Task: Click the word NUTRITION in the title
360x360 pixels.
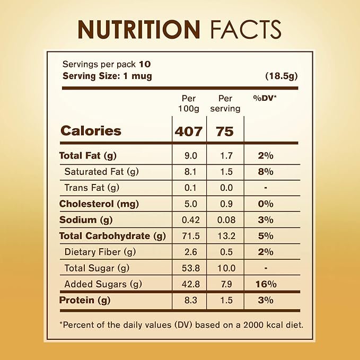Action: click(139, 29)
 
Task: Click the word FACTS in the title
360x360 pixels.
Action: click(246, 29)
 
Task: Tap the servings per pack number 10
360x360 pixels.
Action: click(145, 64)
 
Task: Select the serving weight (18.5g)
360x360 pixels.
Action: click(282, 76)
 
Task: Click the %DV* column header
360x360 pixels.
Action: click(265, 98)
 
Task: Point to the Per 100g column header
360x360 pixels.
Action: click(189, 103)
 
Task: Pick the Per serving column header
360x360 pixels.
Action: click(225, 103)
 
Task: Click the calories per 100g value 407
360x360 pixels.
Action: click(189, 131)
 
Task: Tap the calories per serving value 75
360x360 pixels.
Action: click(225, 131)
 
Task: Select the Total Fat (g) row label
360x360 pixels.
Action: click(87, 156)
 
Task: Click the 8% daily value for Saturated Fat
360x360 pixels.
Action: click(266, 172)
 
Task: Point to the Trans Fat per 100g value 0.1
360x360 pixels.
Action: click(190, 188)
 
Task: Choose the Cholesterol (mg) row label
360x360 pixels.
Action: click(99, 204)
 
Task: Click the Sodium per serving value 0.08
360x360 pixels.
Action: click(226, 220)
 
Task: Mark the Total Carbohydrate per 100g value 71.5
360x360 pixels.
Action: click(191, 236)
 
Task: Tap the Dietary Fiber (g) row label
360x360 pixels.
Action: click(100, 252)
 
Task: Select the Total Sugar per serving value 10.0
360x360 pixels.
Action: click(226, 268)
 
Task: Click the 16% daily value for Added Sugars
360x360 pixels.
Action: click(266, 284)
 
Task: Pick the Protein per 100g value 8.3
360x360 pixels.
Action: click(191, 300)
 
